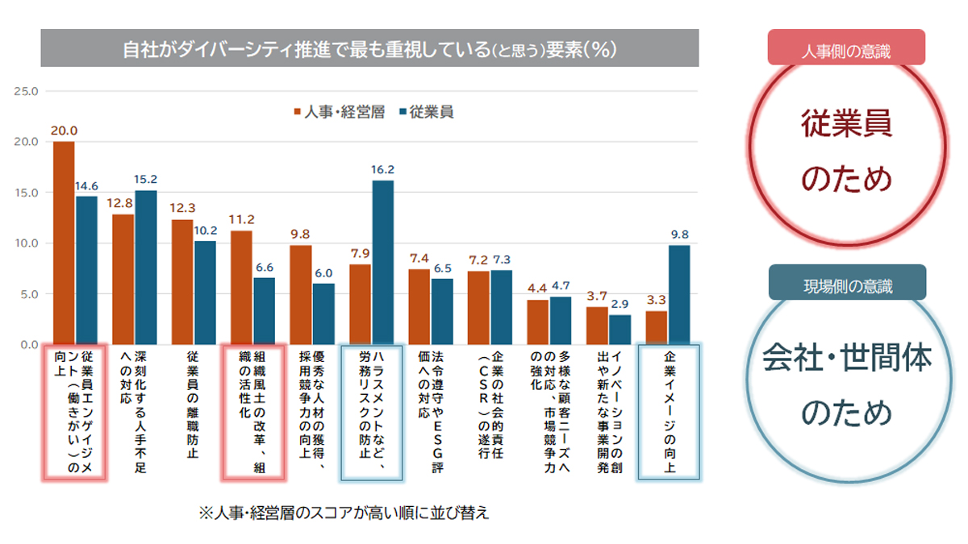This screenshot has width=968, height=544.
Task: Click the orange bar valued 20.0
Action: (64, 243)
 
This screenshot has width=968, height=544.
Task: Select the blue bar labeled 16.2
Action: (382, 262)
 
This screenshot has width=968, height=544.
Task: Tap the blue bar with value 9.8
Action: (679, 294)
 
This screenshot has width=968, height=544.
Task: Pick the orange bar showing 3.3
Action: (657, 327)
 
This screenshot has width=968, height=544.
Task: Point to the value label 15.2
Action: (146, 180)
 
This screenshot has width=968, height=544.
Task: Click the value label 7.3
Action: (502, 260)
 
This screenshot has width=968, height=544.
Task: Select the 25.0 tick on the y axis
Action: (26, 91)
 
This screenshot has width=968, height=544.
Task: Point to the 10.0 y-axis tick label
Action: (26, 243)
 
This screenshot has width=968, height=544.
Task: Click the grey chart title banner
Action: (369, 48)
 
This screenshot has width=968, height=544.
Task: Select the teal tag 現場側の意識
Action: (846, 284)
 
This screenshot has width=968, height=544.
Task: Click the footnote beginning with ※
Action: (344, 513)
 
